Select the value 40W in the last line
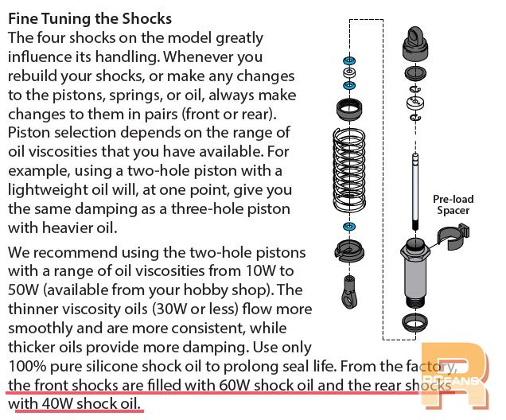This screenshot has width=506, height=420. coord(57,403)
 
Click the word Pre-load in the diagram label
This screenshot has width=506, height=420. coord(453,199)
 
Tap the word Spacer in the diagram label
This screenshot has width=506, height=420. coord(453,210)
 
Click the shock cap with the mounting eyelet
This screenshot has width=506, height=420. coord(415,44)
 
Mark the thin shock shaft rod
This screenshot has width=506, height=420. coord(415,192)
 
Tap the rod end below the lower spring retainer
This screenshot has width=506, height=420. coord(348,291)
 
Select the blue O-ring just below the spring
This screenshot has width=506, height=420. coord(349,226)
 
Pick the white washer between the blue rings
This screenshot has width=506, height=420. coord(349,72)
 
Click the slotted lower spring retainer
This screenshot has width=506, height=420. coord(349,251)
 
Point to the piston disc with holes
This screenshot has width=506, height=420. coord(415,103)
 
